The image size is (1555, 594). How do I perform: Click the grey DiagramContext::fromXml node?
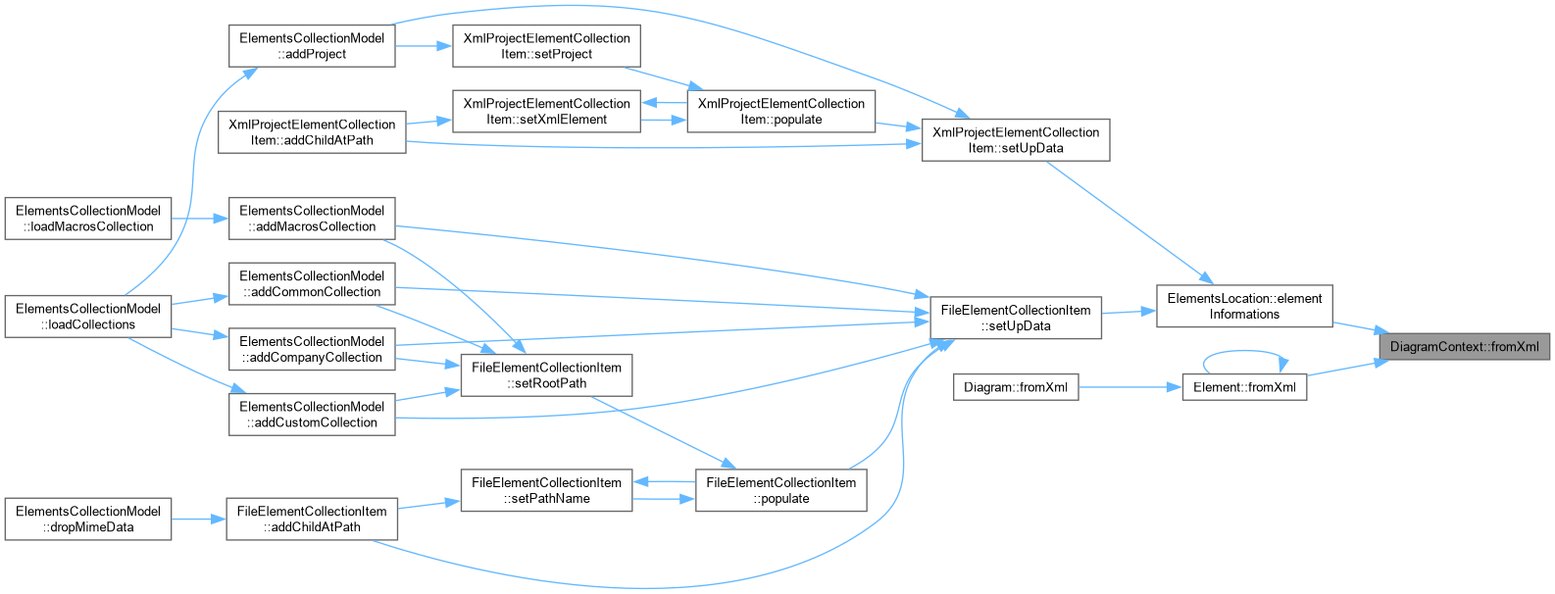click(x=1464, y=346)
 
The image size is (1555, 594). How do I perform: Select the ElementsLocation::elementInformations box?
click(x=1244, y=306)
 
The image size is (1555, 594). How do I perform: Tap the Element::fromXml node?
click(x=1244, y=387)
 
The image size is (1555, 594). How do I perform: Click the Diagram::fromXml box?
click(x=1016, y=387)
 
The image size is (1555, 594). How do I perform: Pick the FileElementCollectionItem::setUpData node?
click(x=1016, y=318)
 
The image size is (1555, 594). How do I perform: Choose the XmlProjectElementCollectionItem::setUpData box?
click(x=1016, y=140)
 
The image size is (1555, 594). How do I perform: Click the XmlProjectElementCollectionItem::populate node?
click(x=781, y=111)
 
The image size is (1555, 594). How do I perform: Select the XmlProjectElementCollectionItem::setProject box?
click(x=546, y=46)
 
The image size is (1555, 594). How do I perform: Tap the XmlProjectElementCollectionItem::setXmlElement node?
click(x=546, y=111)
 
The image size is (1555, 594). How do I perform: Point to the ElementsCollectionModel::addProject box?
click(x=312, y=46)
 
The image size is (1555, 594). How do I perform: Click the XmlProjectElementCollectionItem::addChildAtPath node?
click(x=312, y=132)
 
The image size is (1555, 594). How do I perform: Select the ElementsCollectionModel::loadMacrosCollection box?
click(x=88, y=219)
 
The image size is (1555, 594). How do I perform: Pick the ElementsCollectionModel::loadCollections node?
click(x=88, y=317)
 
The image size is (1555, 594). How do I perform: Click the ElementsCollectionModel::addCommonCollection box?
click(x=312, y=284)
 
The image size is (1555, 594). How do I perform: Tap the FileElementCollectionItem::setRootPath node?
click(x=546, y=375)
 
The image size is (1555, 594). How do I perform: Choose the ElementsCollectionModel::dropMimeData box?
click(x=88, y=520)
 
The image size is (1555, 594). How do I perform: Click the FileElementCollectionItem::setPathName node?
click(x=546, y=491)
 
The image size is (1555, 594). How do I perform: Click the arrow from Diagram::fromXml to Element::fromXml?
click(x=1130, y=387)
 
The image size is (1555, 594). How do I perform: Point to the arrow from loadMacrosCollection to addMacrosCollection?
click(x=200, y=219)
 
